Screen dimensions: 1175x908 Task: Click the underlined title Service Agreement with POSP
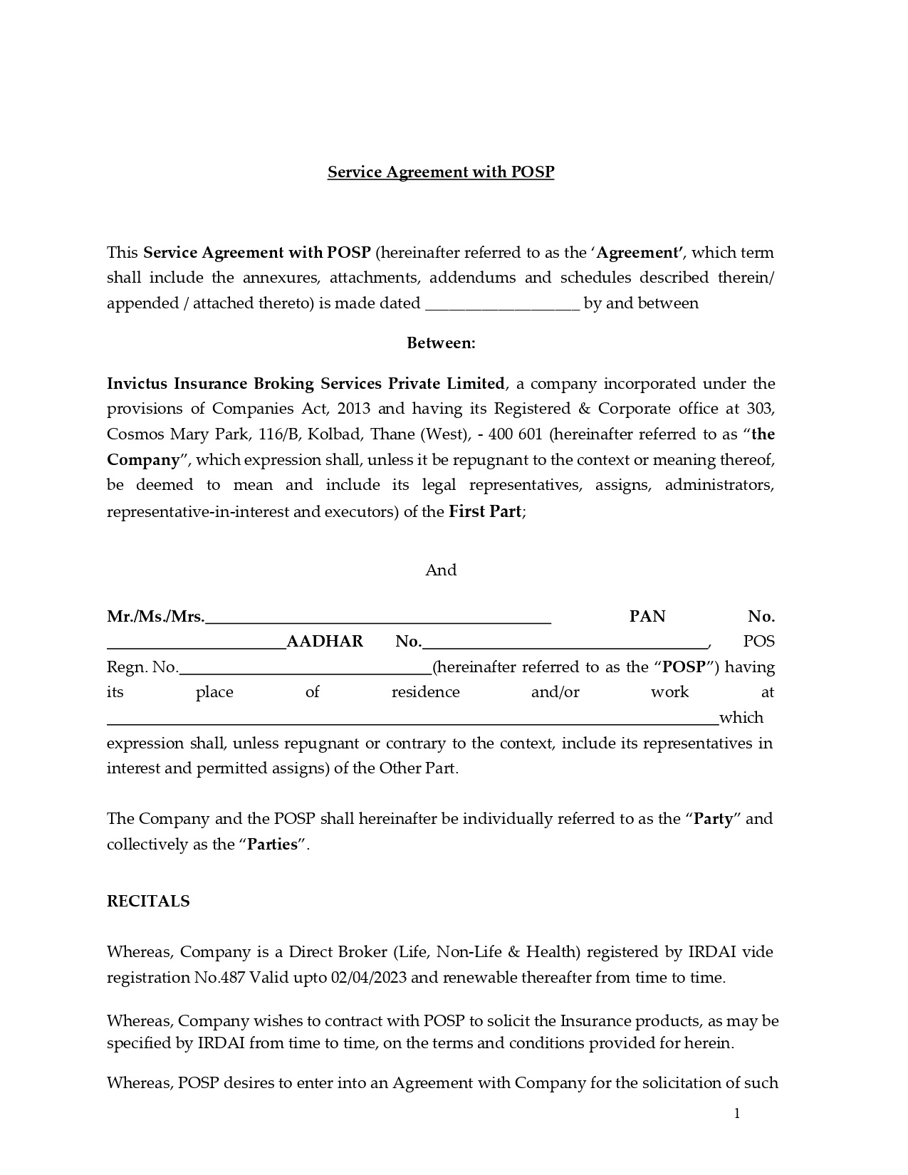(440, 172)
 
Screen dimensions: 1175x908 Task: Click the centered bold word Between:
(441, 343)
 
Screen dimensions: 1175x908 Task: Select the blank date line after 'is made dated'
(503, 305)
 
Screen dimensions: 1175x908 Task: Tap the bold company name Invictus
(138, 384)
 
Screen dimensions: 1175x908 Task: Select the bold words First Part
(485, 511)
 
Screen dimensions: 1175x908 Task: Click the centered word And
(441, 570)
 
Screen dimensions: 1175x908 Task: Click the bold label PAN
(647, 617)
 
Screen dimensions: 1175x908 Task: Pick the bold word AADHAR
(325, 642)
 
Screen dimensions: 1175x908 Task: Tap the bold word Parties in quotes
(272, 845)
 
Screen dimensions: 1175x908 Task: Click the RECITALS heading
(148, 902)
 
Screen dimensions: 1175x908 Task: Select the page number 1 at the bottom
(737, 1114)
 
